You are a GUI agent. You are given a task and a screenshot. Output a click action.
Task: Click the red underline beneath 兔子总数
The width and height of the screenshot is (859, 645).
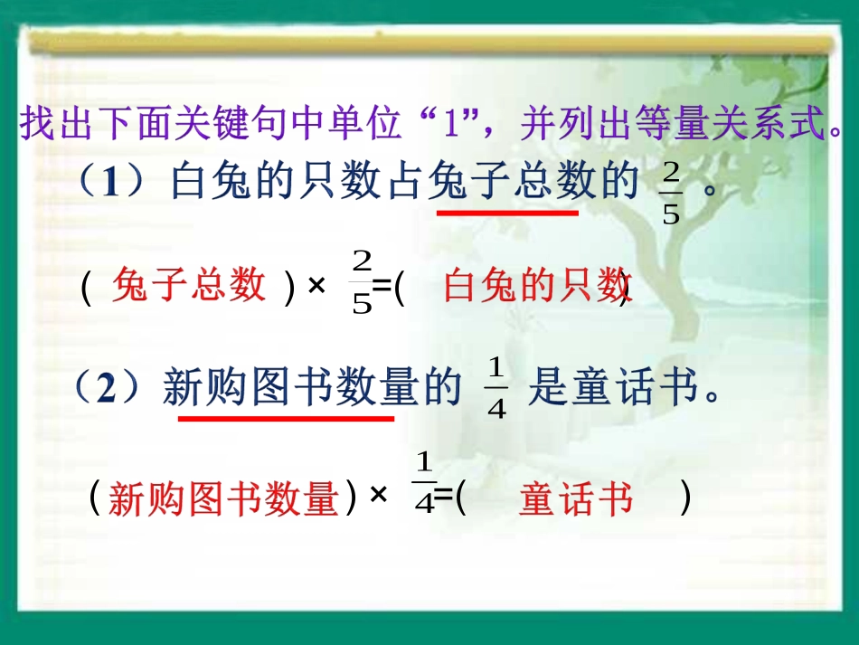coord(507,213)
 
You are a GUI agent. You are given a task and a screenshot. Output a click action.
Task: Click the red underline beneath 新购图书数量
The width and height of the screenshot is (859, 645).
coord(286,418)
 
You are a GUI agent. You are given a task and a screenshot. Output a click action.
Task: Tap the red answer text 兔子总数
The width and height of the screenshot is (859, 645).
coord(190,287)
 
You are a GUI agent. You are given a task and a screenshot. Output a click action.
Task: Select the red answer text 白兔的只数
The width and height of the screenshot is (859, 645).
coord(536,288)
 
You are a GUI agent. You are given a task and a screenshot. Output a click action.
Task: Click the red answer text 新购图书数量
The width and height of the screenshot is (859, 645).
coord(223,498)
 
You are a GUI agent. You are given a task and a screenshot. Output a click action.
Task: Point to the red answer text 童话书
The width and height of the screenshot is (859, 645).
coord(576,499)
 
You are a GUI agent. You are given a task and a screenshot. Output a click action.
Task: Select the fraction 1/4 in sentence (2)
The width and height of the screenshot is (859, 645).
coord(496,389)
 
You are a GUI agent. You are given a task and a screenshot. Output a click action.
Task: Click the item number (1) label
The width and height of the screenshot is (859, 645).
coord(111,183)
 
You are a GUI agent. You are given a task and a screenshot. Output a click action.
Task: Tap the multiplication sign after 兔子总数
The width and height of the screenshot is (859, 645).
coord(316,287)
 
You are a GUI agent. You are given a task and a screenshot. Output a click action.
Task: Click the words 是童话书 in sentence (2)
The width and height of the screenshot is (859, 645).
coord(614,389)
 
